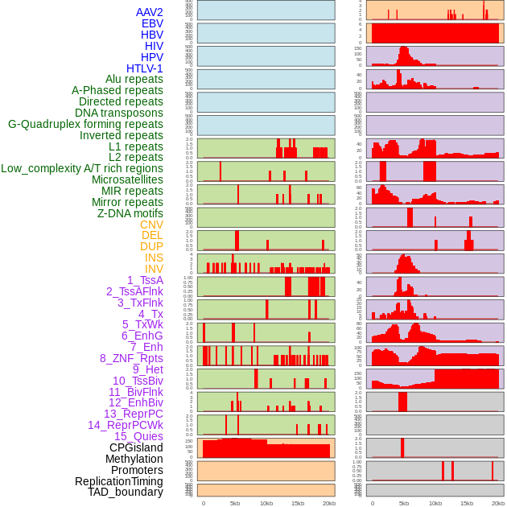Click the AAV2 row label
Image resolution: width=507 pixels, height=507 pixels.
(x=150, y=12)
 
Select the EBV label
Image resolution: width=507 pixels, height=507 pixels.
(x=152, y=23)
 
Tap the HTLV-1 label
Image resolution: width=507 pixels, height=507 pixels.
(x=145, y=68)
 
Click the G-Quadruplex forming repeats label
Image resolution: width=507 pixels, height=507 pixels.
(x=85, y=124)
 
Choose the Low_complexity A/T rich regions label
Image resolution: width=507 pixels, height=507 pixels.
(x=82, y=168)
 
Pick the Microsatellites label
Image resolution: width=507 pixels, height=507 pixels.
(x=127, y=179)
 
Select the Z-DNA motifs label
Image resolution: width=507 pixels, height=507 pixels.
(x=130, y=213)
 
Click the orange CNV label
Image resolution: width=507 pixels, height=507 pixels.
(x=151, y=225)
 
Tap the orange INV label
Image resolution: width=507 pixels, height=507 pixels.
(x=154, y=269)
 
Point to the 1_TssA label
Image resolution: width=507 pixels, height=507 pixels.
(x=145, y=280)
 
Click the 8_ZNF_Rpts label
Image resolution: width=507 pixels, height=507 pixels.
(x=131, y=358)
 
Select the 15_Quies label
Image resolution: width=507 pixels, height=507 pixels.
(x=138, y=436)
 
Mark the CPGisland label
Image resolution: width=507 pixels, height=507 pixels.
(x=136, y=447)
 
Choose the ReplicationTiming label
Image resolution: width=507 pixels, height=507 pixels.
(x=118, y=481)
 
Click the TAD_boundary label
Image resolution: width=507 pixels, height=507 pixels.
(x=126, y=492)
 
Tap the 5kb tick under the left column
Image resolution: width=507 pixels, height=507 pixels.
(x=235, y=503)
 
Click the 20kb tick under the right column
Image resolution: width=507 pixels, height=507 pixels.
(x=498, y=503)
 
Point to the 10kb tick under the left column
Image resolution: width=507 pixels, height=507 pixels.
(x=266, y=503)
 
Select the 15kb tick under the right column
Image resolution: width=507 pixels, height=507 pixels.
(x=467, y=503)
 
